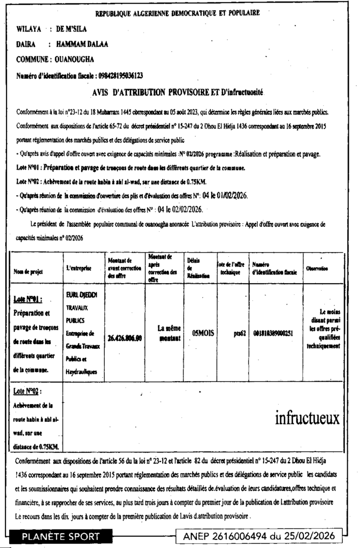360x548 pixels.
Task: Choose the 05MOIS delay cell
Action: point(203,332)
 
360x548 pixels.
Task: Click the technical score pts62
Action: point(240,332)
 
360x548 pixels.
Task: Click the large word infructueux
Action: point(307,418)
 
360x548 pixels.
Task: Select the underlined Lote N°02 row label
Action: point(27,392)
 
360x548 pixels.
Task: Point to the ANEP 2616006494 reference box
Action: point(258,536)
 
